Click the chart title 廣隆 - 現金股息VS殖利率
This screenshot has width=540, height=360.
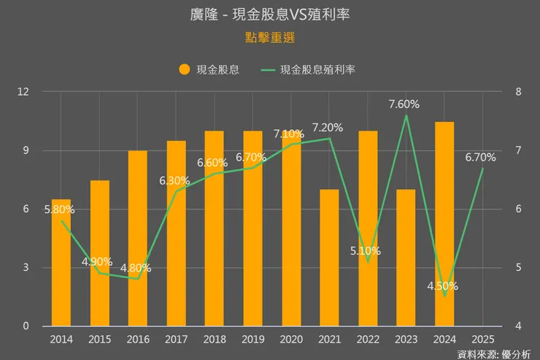click(x=269, y=14)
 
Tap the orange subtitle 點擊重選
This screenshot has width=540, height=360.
click(x=269, y=37)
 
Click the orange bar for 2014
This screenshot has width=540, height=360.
click(x=61, y=263)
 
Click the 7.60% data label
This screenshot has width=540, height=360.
click(x=404, y=104)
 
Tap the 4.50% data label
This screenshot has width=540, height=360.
click(x=442, y=286)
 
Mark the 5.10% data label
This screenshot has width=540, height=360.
click(x=365, y=250)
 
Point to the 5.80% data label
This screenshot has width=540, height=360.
click(x=60, y=210)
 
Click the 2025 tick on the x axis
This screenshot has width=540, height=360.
click(x=482, y=340)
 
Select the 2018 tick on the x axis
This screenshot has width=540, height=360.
click(x=215, y=340)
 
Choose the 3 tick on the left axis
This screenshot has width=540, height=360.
click(x=26, y=267)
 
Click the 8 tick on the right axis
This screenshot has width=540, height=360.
click(x=517, y=92)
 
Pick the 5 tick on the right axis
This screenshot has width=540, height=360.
click(x=517, y=267)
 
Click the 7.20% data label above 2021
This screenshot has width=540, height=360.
click(x=327, y=128)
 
